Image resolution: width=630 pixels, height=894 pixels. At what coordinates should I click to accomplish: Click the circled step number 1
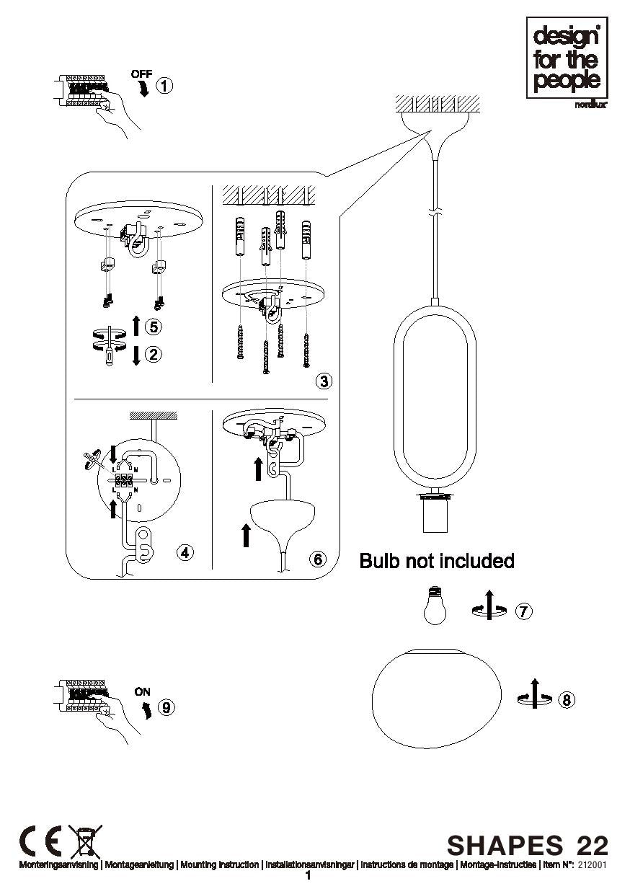coord(164,86)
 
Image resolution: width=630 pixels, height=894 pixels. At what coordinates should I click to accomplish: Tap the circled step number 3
coord(324,381)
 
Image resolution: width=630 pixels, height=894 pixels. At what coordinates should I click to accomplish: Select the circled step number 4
coord(185,552)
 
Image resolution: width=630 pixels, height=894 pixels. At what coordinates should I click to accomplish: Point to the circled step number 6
coord(318,559)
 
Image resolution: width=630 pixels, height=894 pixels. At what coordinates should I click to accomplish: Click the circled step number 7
coord(524,611)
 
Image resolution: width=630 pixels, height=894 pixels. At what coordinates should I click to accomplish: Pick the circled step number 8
coord(567,699)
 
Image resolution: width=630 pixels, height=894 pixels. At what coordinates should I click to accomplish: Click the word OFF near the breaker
coord(141,74)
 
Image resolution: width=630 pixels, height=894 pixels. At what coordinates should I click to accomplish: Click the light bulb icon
coord(435,605)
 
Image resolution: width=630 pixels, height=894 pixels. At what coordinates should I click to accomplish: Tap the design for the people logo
coord(567,58)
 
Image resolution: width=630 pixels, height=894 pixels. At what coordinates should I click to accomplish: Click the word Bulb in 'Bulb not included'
coord(380,561)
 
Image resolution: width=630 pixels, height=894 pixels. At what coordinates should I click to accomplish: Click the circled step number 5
coord(154,327)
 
